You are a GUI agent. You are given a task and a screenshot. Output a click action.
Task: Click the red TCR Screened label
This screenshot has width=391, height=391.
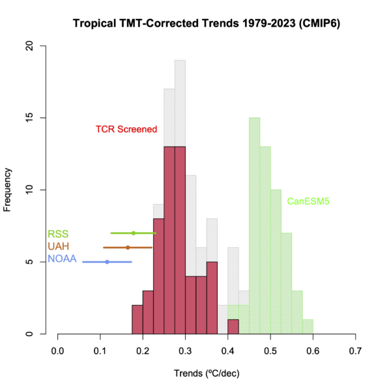click(x=126, y=129)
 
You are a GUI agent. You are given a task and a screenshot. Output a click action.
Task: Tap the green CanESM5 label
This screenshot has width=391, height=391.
click(x=308, y=201)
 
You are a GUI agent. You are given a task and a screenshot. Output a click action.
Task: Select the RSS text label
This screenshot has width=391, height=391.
click(x=57, y=234)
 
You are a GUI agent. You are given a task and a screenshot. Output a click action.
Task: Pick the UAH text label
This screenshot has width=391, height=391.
click(x=57, y=247)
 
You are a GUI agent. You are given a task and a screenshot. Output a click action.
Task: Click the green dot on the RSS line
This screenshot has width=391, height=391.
click(x=134, y=233)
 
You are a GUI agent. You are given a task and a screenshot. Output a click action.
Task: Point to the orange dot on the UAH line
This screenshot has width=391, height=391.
click(x=128, y=247)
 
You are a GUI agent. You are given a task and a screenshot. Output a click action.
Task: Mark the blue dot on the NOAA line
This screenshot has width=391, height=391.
click(x=108, y=262)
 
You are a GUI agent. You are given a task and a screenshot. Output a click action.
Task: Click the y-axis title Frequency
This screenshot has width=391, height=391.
click(x=8, y=190)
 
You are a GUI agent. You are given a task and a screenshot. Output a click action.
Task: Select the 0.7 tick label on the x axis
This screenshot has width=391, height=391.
click(x=355, y=350)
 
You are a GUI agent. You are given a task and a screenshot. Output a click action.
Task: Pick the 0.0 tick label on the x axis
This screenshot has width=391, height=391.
click(x=57, y=350)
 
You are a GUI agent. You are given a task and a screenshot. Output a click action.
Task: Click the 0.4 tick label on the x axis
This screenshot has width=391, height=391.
click(x=227, y=350)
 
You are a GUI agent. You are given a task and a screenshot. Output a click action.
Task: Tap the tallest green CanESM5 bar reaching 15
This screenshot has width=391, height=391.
click(x=254, y=225)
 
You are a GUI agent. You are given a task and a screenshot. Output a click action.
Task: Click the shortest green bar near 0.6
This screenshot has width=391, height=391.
click(x=308, y=326)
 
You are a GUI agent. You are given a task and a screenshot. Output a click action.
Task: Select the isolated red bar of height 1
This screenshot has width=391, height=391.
click(x=233, y=326)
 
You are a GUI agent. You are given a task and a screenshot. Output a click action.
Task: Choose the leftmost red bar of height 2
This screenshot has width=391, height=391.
click(x=137, y=319)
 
